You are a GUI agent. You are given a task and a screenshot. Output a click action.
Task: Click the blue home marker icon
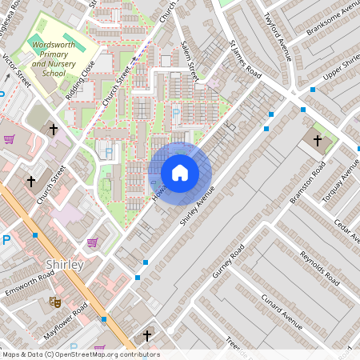pyautogui.click(x=180, y=173)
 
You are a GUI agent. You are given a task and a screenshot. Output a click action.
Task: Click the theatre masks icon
pyautogui.click(x=55, y=302)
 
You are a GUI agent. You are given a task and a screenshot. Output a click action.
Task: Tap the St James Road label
pyautogui.click(x=246, y=60)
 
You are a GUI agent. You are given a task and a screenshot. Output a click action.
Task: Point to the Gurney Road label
pyautogui.click(x=226, y=268)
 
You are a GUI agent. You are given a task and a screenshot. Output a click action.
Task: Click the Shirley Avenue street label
pyautogui.click(x=198, y=206)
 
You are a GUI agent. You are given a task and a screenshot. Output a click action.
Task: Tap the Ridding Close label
pyautogui.click(x=81, y=76)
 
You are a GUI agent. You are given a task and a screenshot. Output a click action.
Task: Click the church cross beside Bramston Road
pyautogui.click(x=318, y=141)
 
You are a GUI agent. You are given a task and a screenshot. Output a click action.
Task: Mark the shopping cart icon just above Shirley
pyautogui.click(x=92, y=242)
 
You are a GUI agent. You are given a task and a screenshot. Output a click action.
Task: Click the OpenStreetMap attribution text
pyautogui.click(x=80, y=354)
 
